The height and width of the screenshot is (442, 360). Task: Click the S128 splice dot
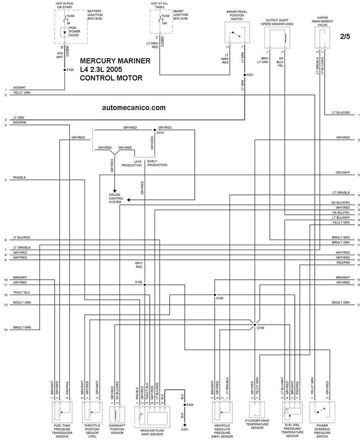point(64,70)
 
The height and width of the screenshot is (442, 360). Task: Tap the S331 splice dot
point(244,75)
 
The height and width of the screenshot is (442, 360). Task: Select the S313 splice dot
point(155,129)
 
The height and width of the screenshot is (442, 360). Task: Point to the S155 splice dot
point(145,285)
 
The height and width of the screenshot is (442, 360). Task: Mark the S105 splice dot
point(215,295)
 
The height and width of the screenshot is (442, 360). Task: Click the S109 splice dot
point(255,324)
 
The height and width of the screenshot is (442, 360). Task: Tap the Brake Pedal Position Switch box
point(237,35)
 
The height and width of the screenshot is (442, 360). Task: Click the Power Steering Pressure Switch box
point(322,413)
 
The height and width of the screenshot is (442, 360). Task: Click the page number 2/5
point(345,36)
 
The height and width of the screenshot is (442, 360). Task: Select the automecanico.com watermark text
point(134,108)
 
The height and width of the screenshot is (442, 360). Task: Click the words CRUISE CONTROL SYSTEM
point(116,199)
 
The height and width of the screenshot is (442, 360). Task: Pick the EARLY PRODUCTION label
point(157,163)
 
